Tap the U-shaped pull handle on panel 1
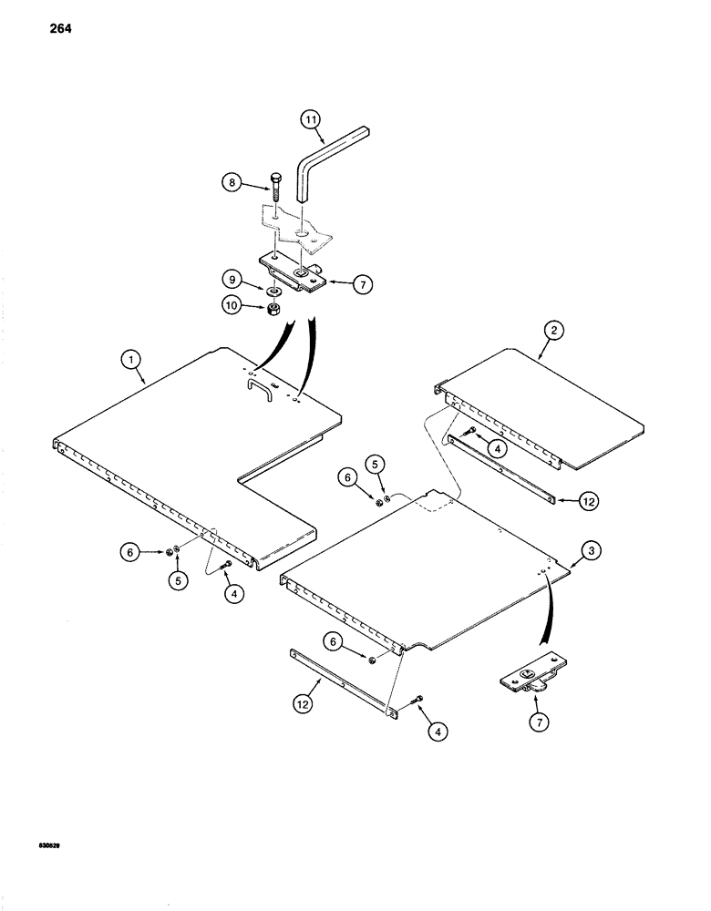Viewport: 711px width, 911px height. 258,389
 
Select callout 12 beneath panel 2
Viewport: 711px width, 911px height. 565,500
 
